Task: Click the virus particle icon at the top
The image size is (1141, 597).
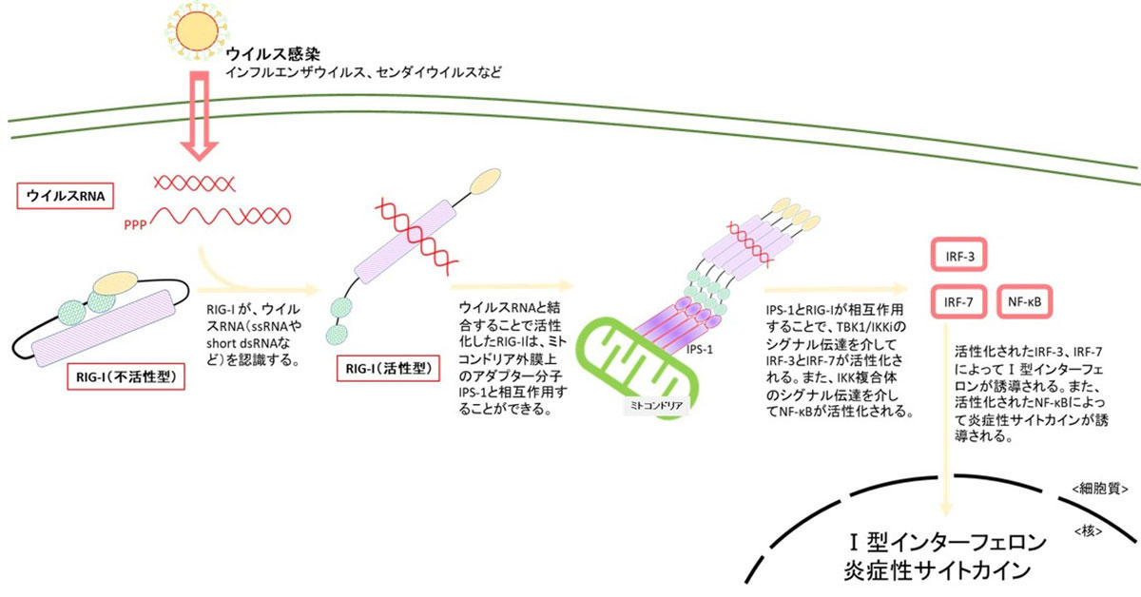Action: click(x=197, y=31)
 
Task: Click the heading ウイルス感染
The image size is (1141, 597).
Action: click(x=273, y=53)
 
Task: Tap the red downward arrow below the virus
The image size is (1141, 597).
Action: click(x=199, y=116)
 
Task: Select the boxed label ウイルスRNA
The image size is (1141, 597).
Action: click(x=66, y=196)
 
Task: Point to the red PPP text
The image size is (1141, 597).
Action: click(x=135, y=224)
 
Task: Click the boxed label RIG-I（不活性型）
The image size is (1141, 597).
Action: click(x=126, y=377)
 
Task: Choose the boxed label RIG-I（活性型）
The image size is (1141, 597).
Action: click(x=388, y=368)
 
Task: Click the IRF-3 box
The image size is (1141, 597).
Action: click(x=959, y=256)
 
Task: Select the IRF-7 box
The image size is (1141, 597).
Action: click(x=958, y=302)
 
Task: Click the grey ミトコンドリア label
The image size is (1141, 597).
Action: click(x=656, y=406)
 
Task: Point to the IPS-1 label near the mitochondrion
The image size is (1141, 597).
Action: click(x=700, y=350)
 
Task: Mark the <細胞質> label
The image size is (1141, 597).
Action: click(x=1100, y=489)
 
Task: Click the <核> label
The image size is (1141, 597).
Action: click(x=1088, y=530)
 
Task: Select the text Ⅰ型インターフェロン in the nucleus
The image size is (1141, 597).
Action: click(x=947, y=543)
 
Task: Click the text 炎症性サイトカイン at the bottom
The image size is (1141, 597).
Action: click(x=938, y=571)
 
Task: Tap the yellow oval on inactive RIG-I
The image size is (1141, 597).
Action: click(x=116, y=283)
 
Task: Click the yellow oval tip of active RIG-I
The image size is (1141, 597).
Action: click(x=485, y=182)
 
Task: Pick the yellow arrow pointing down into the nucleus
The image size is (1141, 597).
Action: click(x=946, y=421)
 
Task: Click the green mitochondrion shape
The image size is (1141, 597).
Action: click(x=637, y=364)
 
